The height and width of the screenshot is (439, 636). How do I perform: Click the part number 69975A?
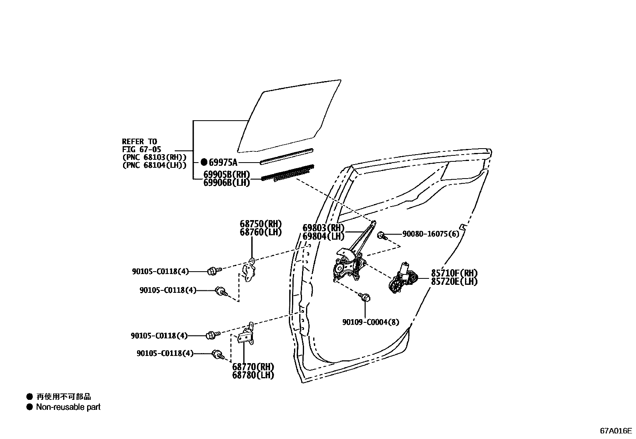click(x=223, y=162)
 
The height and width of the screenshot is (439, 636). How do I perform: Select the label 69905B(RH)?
click(x=227, y=175)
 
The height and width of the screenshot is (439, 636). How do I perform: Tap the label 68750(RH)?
click(x=260, y=224)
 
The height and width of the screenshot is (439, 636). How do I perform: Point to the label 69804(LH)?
click(x=323, y=236)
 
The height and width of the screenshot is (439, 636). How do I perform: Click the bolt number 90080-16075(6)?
click(x=431, y=234)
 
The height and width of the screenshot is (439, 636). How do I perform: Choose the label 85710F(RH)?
click(x=454, y=273)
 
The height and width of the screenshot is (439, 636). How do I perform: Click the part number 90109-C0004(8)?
click(x=370, y=322)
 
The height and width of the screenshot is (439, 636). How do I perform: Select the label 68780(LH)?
click(x=253, y=375)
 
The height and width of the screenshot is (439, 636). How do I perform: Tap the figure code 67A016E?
click(x=616, y=431)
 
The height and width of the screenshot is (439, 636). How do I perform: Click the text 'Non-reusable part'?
click(x=68, y=407)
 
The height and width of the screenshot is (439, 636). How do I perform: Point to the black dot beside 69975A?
click(x=204, y=162)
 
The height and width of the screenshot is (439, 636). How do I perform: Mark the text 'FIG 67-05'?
click(x=141, y=149)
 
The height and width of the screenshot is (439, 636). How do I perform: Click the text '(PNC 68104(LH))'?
click(x=154, y=165)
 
